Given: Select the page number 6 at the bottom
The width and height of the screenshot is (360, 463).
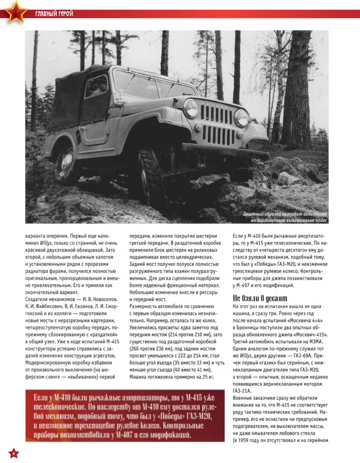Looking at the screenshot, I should click(x=14, y=453).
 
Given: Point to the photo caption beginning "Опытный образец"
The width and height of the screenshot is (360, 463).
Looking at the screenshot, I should click(x=286, y=217).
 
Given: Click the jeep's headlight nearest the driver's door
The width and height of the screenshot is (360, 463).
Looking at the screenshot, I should click(x=191, y=108).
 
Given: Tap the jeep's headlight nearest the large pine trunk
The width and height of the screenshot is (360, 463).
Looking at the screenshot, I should click(x=241, y=118).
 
